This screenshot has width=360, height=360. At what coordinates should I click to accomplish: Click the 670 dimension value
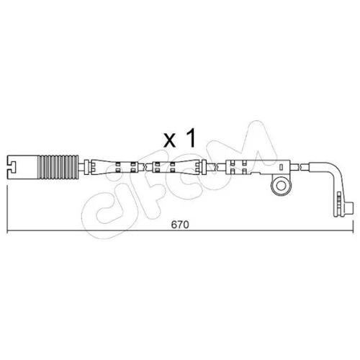[180, 225]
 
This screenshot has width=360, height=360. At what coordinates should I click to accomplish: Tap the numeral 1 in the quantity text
[192, 138]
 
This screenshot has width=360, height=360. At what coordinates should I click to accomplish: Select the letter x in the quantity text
[170, 141]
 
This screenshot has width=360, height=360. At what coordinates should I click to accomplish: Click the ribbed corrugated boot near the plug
[58, 167]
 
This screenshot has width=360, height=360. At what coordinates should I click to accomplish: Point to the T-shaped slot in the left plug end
[12, 167]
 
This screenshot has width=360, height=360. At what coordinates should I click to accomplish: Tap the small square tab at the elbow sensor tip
[351, 207]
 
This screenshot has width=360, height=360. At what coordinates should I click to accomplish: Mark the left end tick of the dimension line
[7, 209]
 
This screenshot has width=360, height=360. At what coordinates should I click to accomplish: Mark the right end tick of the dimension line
[353, 227]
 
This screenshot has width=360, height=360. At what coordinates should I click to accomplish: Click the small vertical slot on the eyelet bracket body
[281, 167]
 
